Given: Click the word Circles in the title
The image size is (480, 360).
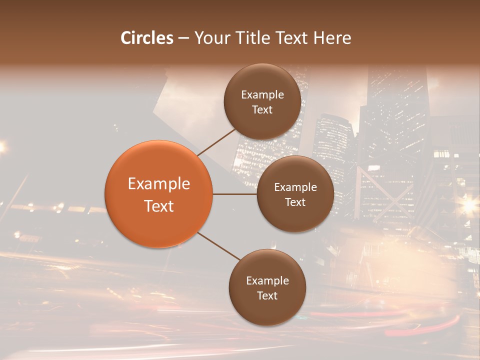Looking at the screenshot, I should click(x=147, y=38).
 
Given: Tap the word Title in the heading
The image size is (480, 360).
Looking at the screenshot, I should click(x=253, y=38).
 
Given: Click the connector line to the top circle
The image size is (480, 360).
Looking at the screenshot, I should click(x=217, y=142).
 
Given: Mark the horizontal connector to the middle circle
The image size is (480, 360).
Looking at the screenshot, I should click(x=234, y=194).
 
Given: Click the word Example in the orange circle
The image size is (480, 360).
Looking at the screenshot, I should click(x=159, y=184).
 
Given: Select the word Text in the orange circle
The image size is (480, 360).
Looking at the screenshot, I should click(x=159, y=206).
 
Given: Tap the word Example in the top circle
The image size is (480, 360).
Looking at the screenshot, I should click(x=262, y=94).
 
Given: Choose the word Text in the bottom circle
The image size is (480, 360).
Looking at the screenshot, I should click(x=267, y=295).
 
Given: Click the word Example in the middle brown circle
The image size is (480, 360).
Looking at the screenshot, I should click(x=295, y=187).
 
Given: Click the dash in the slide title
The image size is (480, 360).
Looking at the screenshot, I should click(x=183, y=38).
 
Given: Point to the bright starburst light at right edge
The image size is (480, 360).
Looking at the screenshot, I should click(x=469, y=204).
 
